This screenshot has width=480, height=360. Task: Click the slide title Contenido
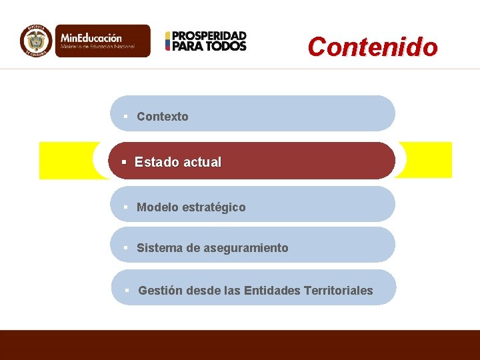click(373, 47)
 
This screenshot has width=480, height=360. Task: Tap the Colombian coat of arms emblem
click(36, 41)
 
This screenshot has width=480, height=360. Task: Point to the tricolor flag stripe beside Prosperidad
click(168, 41)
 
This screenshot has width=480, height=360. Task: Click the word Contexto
click(163, 117)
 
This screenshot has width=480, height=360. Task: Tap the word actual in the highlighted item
click(202, 162)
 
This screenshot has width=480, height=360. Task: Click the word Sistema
click(159, 248)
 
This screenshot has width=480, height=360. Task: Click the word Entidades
click(272, 291)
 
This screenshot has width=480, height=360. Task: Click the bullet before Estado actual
click(124, 162)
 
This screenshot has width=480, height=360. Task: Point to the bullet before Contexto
click(125, 117)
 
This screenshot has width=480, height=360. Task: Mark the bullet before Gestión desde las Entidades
click(127, 291)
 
